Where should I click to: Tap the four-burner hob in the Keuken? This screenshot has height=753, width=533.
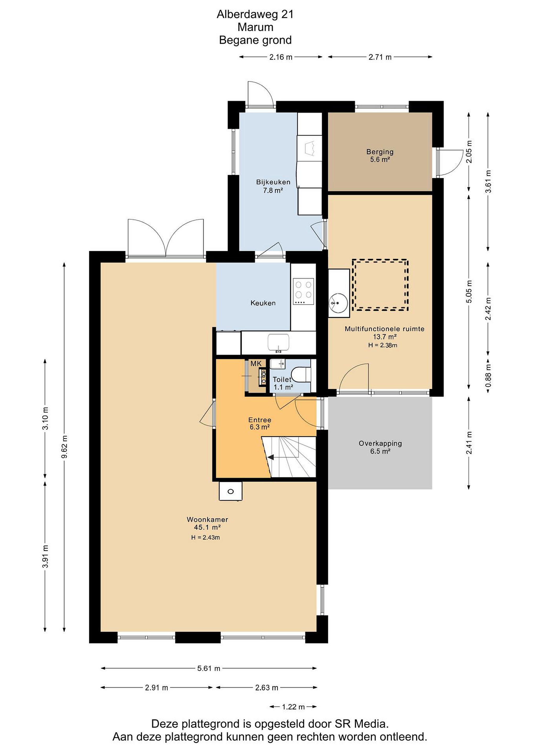(303, 292)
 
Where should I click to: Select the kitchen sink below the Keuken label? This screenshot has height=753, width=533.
(278, 343)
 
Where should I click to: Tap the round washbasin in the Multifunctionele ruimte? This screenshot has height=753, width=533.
(338, 303)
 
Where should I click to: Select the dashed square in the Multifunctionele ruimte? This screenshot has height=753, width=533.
(380, 285)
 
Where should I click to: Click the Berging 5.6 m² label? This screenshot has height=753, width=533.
(380, 156)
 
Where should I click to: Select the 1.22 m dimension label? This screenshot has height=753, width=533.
(293, 707)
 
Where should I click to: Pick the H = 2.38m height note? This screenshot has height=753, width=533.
(383, 345)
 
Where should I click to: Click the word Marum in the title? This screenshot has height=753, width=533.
(255, 27)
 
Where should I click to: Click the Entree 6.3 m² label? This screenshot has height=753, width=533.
(260, 423)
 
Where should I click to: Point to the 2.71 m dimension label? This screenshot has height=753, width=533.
(380, 57)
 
